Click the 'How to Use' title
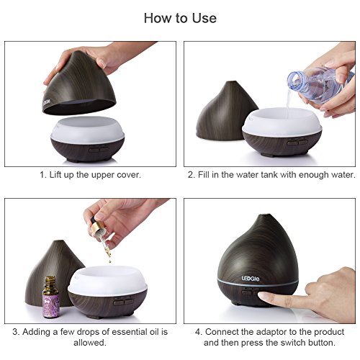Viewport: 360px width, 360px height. coord(180,18)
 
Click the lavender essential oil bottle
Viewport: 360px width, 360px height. coord(50,297)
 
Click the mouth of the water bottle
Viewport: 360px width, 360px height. coord(294,79)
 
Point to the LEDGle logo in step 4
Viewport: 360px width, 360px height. coord(251,279)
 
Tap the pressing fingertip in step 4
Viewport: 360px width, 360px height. coord(264,297)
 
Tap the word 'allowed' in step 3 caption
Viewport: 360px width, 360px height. coord(89,343)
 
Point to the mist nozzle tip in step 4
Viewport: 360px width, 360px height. coord(264,215)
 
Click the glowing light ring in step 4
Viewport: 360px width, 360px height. coord(258,282)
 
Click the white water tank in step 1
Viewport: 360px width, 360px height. coord(88,130)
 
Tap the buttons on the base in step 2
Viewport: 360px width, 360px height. coord(297,143)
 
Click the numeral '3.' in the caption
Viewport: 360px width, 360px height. coord(16,332)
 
